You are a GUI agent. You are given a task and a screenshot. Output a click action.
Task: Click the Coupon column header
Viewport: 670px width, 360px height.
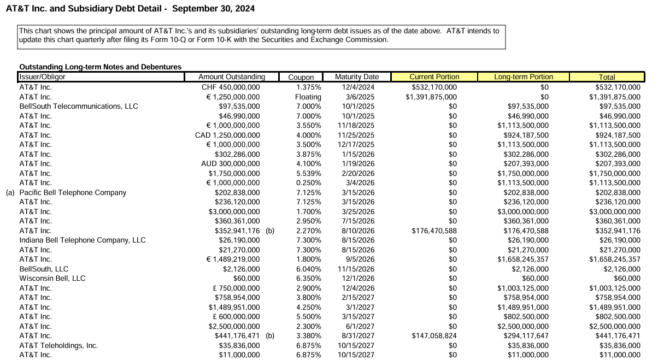tap(301, 77)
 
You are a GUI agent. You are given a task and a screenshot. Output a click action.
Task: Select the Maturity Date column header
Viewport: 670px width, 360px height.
tap(356, 77)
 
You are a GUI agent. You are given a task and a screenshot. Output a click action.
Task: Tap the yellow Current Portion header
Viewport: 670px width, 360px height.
tap(434, 77)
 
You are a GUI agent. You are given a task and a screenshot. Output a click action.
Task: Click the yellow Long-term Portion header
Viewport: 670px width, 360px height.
tap(524, 77)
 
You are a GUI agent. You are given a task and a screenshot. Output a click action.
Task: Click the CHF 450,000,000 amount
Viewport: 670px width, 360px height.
tap(231, 87)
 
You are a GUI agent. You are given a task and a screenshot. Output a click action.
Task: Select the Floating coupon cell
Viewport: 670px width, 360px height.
tap(308, 97)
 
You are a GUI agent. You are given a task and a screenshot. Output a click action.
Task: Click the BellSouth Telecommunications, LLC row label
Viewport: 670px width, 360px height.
tap(79, 106)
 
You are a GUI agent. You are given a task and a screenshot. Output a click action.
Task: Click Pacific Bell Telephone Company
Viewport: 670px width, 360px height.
tap(73, 192)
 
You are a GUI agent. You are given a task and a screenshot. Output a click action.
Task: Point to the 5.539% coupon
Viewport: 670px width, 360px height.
tap(309, 173)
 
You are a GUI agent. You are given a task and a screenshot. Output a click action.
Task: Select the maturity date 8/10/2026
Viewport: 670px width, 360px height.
tap(358, 231)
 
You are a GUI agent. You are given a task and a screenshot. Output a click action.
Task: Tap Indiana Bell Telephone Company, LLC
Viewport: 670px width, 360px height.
tap(83, 240)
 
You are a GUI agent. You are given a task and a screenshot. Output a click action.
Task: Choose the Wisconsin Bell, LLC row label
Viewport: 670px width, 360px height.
tap(52, 278)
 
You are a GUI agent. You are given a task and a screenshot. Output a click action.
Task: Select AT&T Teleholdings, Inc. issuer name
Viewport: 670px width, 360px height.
tap(58, 345)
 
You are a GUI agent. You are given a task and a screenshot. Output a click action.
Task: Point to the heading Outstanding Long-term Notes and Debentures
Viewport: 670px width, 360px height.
tap(100, 67)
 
